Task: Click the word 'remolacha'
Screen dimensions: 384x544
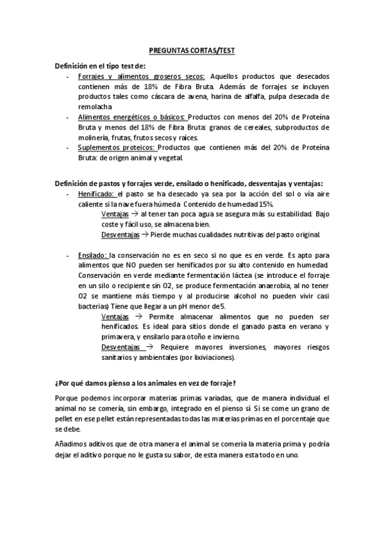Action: tap(96, 106)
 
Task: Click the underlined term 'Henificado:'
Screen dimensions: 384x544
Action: tap(96, 192)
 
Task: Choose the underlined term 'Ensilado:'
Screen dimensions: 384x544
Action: tap(93, 255)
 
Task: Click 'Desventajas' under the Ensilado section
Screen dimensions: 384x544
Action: tap(120, 347)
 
